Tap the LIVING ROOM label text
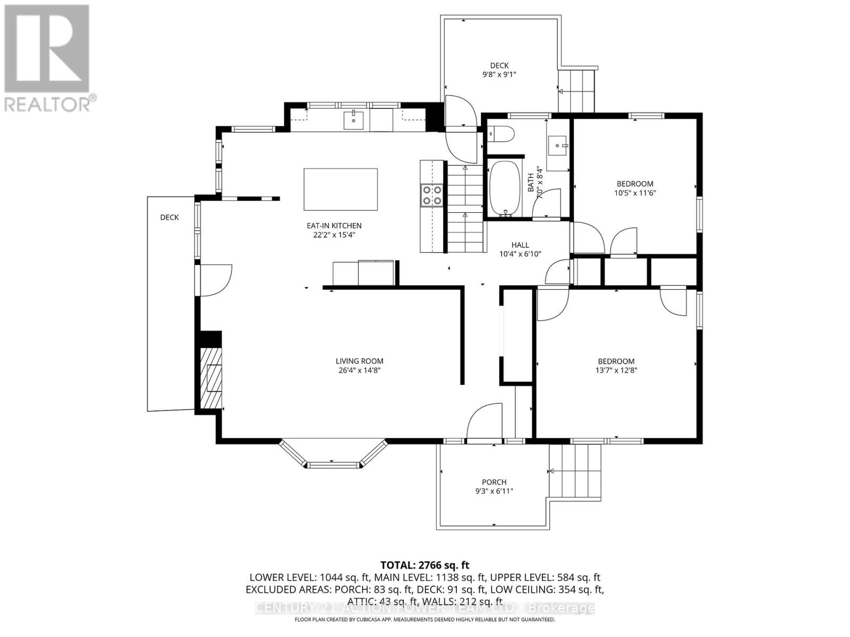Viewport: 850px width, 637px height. [x=359, y=361]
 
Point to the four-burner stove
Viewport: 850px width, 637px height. [x=431, y=194]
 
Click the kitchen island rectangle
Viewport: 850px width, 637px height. [x=341, y=190]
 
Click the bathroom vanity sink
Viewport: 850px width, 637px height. [x=558, y=144]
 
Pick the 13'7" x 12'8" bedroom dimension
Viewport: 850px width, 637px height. [x=616, y=370]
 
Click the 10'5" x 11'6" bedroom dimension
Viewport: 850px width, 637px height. [x=635, y=193]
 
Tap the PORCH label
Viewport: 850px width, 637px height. [x=494, y=482]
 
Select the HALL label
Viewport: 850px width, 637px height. [x=520, y=245]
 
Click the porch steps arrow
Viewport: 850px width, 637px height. [x=551, y=471]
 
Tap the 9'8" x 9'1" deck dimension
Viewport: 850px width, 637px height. [x=499, y=75]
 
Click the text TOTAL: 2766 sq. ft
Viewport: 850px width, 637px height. [x=424, y=565]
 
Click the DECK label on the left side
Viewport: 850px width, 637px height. [x=169, y=217]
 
